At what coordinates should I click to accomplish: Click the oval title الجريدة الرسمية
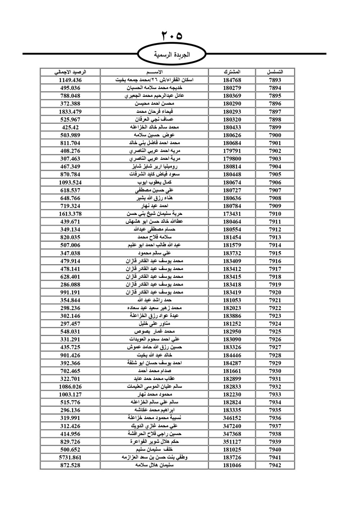point(172,55)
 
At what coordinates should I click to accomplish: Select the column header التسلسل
point(275,72)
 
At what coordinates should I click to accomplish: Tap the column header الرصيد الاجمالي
point(70,72)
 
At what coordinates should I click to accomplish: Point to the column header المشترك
point(232,72)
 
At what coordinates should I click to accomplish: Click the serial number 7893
point(275,80)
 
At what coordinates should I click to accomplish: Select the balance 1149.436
point(70,80)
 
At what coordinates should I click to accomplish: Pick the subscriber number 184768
point(232,80)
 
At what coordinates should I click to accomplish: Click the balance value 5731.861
point(70,458)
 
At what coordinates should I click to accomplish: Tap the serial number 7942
point(275,465)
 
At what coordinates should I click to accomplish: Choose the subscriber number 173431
point(232,214)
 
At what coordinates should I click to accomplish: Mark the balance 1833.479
point(70,112)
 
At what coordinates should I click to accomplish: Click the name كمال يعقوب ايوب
point(154,183)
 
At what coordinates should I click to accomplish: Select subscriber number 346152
point(232,418)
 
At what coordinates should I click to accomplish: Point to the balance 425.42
point(70,127)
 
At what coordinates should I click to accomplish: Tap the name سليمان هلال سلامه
point(154,465)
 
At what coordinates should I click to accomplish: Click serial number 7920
point(275,292)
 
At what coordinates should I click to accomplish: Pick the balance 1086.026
point(70,387)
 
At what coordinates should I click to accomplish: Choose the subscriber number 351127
point(232,442)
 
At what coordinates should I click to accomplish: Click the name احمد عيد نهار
point(154,206)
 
